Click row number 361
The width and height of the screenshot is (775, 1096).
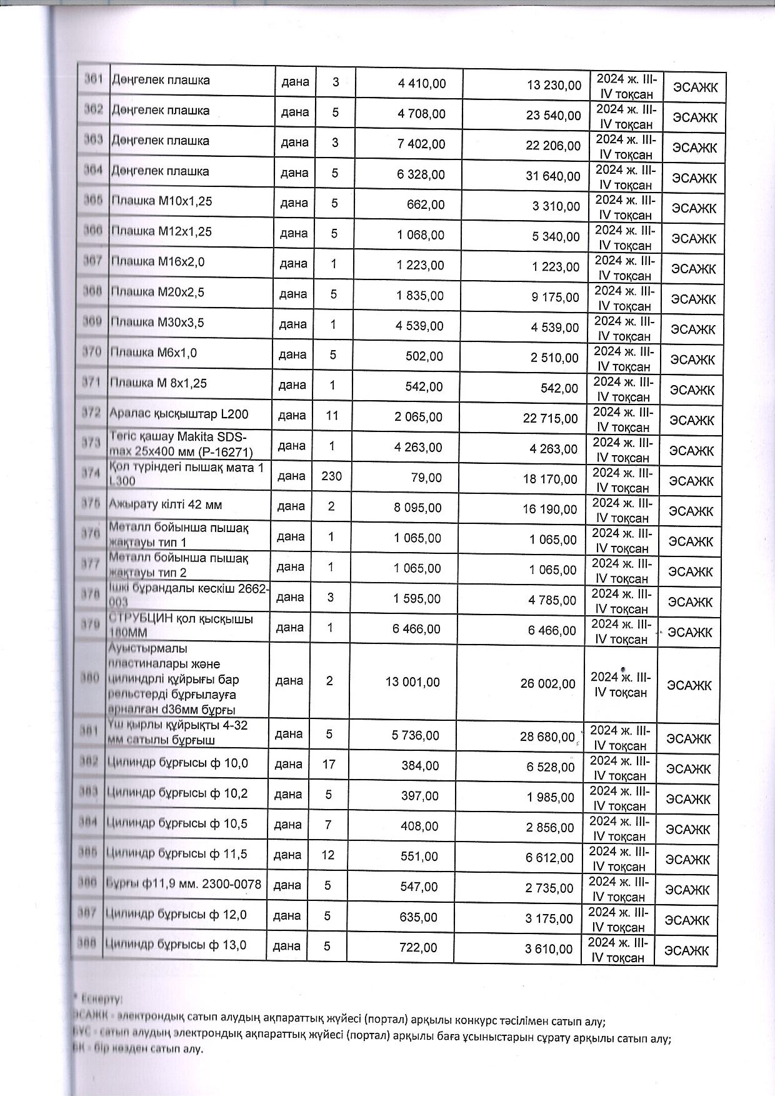tap(94, 79)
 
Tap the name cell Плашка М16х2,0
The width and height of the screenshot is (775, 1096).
tap(157, 262)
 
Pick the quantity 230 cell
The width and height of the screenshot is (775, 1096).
tap(331, 476)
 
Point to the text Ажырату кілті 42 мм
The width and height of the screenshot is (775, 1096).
tap(165, 505)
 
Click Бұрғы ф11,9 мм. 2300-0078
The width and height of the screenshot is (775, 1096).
tap(184, 884)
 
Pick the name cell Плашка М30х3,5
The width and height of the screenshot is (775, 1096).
tap(157, 323)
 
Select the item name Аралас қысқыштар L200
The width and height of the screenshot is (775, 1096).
tap(178, 413)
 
